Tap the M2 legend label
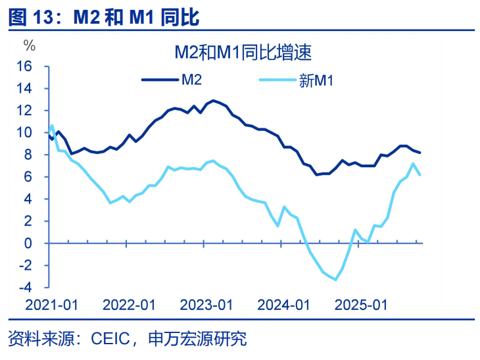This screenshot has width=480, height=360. click(x=192, y=80)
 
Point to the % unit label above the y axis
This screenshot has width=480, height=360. click(x=29, y=45)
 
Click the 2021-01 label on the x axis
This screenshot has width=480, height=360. click(x=52, y=305)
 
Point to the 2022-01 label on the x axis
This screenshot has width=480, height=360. click(x=129, y=305)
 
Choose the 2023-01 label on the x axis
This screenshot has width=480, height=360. click(x=206, y=305)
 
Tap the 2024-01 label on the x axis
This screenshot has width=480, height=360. click(x=283, y=305)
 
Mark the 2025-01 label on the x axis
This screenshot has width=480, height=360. click(x=360, y=305)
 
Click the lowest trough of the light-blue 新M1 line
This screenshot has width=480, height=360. click(x=336, y=280)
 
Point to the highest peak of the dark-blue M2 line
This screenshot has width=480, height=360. click(x=212, y=101)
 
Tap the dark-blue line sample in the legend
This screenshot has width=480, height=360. click(x=160, y=80)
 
